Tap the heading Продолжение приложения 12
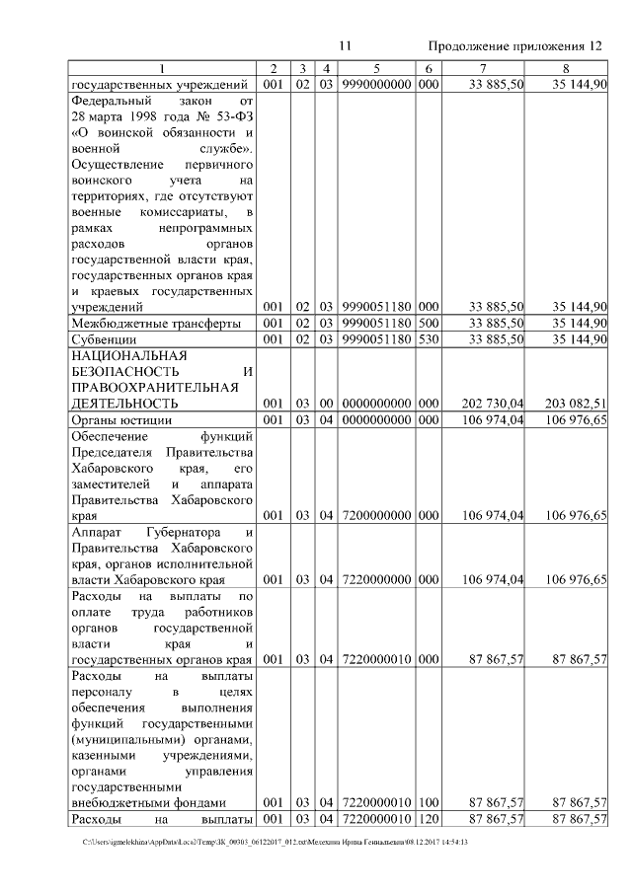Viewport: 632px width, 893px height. pyautogui.click(x=514, y=46)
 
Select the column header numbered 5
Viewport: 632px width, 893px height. pyautogui.click(x=376, y=68)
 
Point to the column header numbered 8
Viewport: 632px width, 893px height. pyautogui.click(x=565, y=68)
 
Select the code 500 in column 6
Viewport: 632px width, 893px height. pyautogui.click(x=427, y=324)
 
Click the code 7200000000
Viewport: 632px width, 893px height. pyautogui.click(x=376, y=515)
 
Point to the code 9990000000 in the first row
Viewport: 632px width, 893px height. pyautogui.click(x=376, y=84)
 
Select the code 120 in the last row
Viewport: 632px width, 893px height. pyautogui.click(x=427, y=819)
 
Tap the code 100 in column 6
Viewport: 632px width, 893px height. pyautogui.click(x=427, y=802)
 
